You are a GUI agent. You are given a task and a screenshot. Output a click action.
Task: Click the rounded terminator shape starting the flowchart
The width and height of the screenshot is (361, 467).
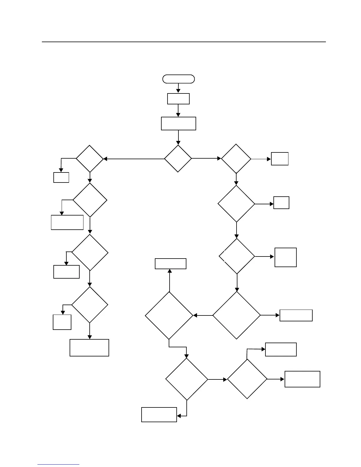pyautogui.click(x=178, y=79)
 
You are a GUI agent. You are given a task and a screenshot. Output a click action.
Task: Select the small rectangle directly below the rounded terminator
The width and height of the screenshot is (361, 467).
pyautogui.click(x=178, y=99)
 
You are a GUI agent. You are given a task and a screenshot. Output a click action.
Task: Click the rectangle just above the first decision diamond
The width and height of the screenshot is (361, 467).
pyautogui.click(x=178, y=124)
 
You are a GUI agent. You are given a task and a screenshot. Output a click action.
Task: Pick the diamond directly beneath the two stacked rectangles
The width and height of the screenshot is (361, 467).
pyautogui.click(x=178, y=159)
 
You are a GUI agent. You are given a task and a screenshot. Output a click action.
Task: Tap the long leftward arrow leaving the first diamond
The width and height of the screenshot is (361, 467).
pyautogui.click(x=134, y=159)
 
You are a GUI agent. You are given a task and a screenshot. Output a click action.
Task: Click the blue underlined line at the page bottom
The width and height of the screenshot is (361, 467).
pyautogui.click(x=58, y=465)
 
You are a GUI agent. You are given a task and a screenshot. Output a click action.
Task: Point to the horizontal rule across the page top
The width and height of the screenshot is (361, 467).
pyautogui.click(x=184, y=42)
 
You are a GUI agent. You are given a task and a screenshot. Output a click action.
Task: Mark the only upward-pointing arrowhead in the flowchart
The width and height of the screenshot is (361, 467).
pyautogui.click(x=170, y=271)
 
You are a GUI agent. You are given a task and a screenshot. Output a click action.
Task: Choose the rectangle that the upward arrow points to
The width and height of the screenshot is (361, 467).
pyautogui.click(x=170, y=264)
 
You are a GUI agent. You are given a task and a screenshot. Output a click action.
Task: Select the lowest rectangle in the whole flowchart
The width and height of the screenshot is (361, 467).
pyautogui.click(x=159, y=415)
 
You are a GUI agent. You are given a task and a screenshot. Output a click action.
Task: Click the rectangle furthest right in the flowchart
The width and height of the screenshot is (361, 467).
pyautogui.click(x=302, y=379)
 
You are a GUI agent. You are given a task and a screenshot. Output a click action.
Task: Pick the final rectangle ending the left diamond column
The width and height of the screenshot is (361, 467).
pyautogui.click(x=89, y=348)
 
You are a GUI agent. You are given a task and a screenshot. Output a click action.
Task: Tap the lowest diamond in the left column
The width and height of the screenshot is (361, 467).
pyautogui.click(x=90, y=305)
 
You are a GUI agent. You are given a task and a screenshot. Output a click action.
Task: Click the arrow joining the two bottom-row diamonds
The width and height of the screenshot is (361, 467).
pyautogui.click(x=217, y=379)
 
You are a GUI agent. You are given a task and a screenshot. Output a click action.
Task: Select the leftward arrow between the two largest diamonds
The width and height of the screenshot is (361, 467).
pyautogui.click(x=203, y=315)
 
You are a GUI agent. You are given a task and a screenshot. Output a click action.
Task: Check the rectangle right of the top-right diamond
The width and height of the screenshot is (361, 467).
pyautogui.click(x=280, y=159)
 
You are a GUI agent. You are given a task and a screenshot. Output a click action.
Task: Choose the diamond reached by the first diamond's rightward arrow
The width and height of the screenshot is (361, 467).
pyautogui.click(x=236, y=159)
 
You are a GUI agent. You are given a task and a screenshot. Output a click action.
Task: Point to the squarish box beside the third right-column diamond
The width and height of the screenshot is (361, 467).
pyautogui.click(x=285, y=257)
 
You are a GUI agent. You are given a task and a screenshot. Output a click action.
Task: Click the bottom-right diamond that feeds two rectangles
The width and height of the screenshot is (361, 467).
pyautogui.click(x=247, y=379)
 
